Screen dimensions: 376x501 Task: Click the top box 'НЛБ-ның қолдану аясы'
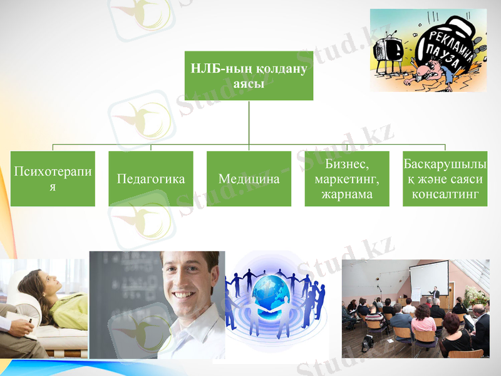(249, 75)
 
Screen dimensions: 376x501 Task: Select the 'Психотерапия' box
(53, 179)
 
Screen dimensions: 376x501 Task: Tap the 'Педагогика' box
(151, 179)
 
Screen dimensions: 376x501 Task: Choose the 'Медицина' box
(249, 179)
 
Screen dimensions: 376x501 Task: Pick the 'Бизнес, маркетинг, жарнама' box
(347, 179)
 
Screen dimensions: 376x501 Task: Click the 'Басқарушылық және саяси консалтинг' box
(445, 179)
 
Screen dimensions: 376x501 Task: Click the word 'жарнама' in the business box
(347, 194)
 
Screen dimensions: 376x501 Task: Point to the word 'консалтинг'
(445, 194)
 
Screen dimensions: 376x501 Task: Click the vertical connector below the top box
(249, 122)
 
